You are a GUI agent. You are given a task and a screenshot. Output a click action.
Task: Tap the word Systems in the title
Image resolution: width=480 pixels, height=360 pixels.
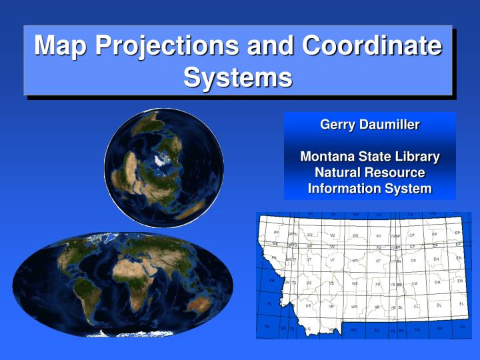pyautogui.click(x=238, y=77)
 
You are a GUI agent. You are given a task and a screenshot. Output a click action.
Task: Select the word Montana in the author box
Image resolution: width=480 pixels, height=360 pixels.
pyautogui.click(x=327, y=157)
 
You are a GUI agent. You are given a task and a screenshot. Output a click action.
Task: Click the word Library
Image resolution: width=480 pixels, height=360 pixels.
pyautogui.click(x=413, y=157)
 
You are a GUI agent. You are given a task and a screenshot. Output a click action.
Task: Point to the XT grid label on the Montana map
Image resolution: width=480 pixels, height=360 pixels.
pyautogui.click(x=378, y=261)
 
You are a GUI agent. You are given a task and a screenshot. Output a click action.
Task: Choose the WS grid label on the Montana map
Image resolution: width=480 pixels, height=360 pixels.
pyautogui.click(x=355, y=284)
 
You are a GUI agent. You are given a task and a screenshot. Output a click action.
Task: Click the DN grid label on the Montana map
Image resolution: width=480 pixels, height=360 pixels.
pyautogui.click(x=436, y=259)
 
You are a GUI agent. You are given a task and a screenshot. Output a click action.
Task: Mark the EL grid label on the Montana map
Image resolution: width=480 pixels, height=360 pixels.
pyautogui.click(x=461, y=304)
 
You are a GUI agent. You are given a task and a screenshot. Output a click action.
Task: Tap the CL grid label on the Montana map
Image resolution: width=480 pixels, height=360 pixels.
pyautogui.click(x=416, y=307)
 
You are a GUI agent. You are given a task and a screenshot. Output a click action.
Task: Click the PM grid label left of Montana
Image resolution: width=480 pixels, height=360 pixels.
pyautogui.click(x=271, y=281)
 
